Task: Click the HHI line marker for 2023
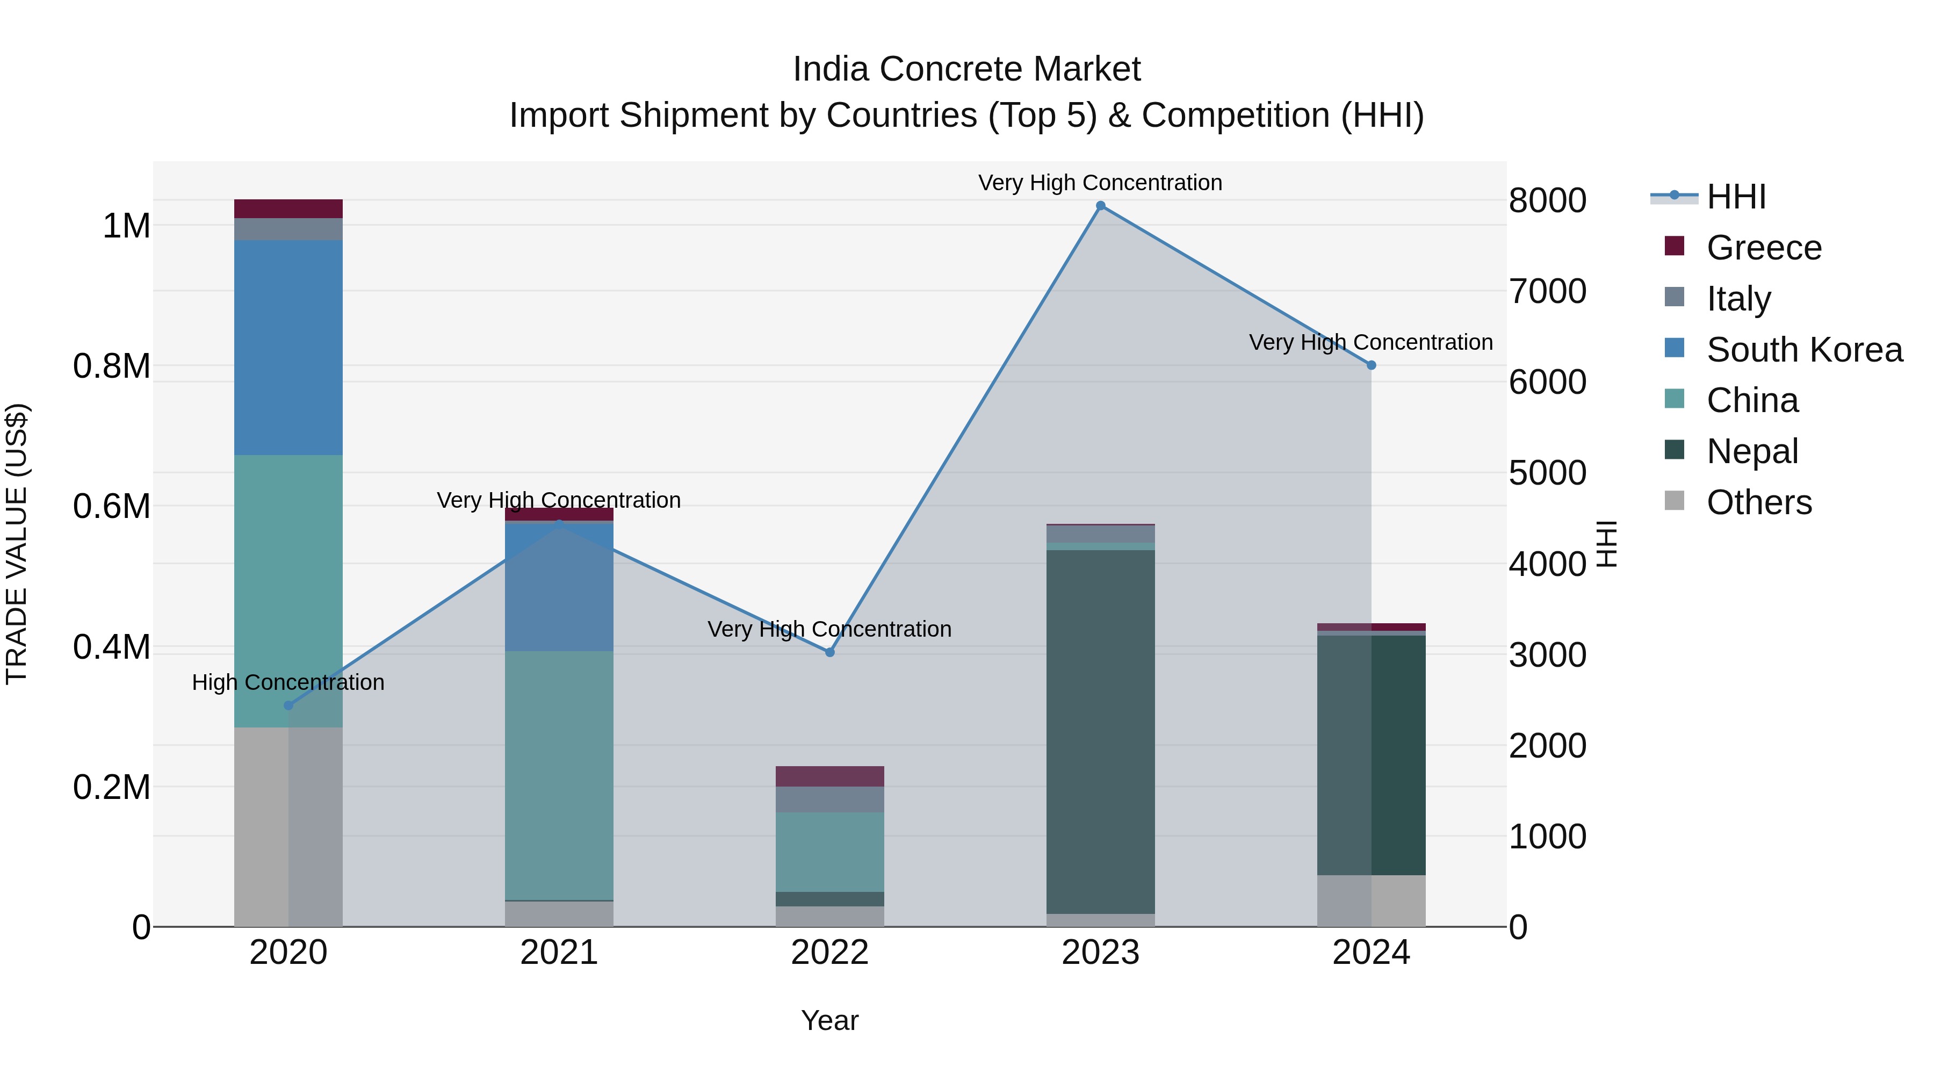click(x=1101, y=206)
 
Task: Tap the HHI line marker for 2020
click(x=288, y=705)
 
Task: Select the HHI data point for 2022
click(x=829, y=652)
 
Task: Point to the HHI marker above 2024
click(x=1371, y=365)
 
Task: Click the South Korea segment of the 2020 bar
click(x=288, y=348)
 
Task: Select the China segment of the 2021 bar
click(x=559, y=775)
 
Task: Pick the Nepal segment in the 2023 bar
click(x=1101, y=732)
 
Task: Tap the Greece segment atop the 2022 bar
click(x=829, y=776)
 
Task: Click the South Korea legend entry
click(x=1803, y=350)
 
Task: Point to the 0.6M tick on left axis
click(x=112, y=507)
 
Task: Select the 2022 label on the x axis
click(x=829, y=953)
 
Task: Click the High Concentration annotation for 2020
click(x=288, y=682)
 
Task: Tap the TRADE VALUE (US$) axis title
click(x=17, y=544)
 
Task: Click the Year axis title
click(x=829, y=1020)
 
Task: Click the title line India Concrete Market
click(x=966, y=69)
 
